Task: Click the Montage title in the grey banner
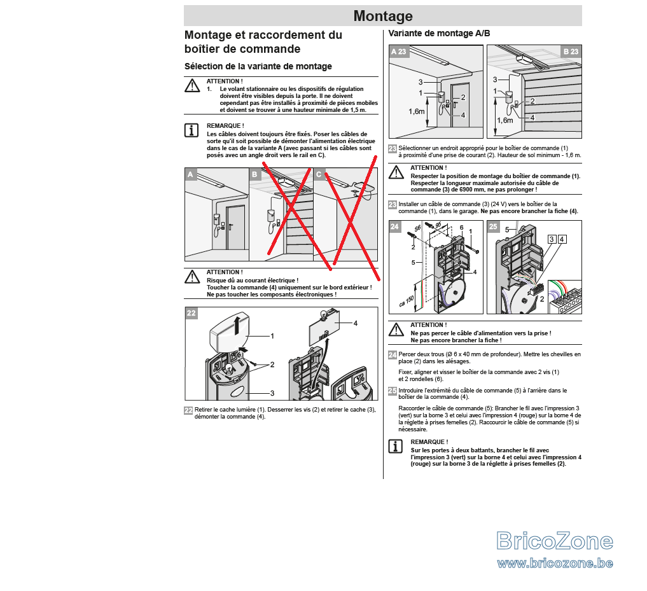pos(383,16)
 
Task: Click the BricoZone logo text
pos(555,541)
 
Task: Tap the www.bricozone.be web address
pos(555,563)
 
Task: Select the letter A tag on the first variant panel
pos(190,174)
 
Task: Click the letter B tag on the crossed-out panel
pos(254,174)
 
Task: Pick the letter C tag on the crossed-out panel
pos(319,174)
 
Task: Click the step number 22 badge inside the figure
pos(191,313)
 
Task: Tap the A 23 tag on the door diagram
pos(399,52)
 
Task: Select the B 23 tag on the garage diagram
pos(571,52)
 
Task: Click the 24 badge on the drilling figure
pos(395,226)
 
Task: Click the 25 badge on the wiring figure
pos(493,226)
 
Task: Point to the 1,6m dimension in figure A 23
pos(416,111)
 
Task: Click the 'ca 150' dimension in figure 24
pos(407,302)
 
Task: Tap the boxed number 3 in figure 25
pos(552,239)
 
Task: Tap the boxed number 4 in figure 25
pos(562,239)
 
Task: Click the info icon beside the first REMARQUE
pos(191,130)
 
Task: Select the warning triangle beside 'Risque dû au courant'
pos(192,277)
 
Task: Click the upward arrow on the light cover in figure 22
pos(237,325)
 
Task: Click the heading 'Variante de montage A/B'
pos(439,34)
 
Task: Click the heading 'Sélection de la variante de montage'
pos(258,66)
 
